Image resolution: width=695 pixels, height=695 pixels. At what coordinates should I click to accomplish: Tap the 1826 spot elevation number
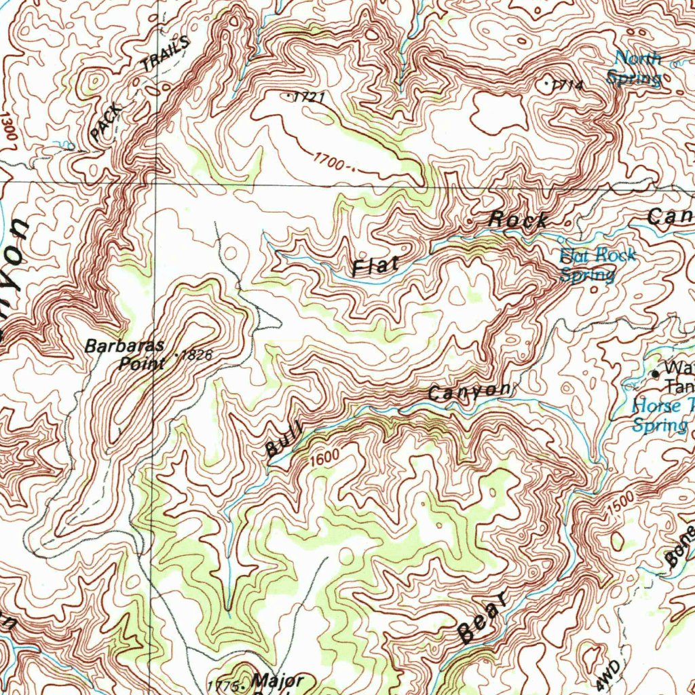click(x=198, y=355)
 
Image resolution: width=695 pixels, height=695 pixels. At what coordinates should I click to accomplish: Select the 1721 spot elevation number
click(x=309, y=98)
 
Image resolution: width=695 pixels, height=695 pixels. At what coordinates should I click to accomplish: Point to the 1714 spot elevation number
click(x=568, y=85)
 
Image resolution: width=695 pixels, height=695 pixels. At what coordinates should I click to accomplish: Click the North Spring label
click(x=636, y=68)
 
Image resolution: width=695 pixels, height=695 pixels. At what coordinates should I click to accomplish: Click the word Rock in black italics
click(x=519, y=220)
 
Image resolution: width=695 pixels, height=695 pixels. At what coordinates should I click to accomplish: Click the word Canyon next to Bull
click(x=468, y=392)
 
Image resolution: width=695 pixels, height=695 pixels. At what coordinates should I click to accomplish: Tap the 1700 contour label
click(x=332, y=162)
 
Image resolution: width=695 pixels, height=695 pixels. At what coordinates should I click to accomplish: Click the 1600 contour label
click(x=324, y=458)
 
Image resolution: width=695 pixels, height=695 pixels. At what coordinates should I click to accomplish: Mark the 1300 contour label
click(x=8, y=127)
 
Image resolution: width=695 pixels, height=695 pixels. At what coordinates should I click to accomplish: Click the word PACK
click(x=107, y=121)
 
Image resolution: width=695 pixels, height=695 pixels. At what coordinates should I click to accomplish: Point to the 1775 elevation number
click(x=222, y=685)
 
